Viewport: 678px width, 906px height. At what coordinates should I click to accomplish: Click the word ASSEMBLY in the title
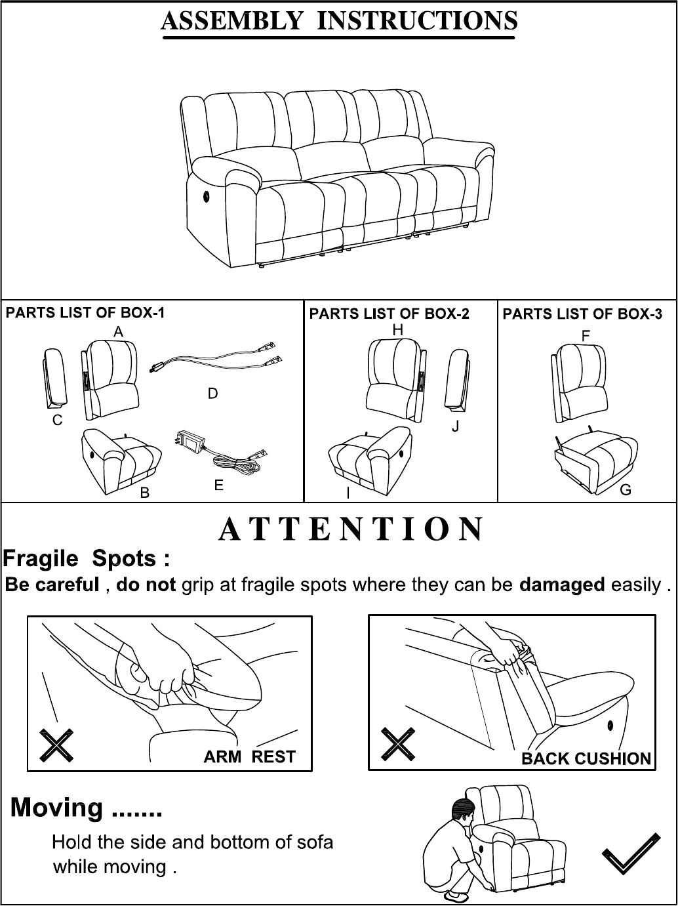(x=231, y=20)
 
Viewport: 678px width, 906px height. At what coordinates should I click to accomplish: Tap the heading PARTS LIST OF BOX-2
(x=389, y=314)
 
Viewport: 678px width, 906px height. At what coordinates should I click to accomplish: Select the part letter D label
(x=213, y=394)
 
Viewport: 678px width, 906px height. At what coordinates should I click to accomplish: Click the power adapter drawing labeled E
(x=222, y=454)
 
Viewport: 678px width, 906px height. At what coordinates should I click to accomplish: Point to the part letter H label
(x=398, y=330)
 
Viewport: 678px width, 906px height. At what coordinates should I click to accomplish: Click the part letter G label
(x=626, y=489)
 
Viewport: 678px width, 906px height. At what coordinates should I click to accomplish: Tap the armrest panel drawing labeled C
(x=55, y=377)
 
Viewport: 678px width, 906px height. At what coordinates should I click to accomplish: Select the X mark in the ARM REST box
(x=56, y=745)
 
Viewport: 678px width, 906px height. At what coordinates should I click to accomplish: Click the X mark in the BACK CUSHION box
(x=398, y=743)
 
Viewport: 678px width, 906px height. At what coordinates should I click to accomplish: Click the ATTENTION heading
(x=351, y=529)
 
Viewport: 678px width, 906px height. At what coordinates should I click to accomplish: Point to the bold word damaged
(x=562, y=585)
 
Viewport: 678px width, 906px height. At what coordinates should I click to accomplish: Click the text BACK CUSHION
(x=586, y=758)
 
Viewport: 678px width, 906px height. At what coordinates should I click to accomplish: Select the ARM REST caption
(x=250, y=756)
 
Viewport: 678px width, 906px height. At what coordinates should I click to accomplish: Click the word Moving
(x=56, y=808)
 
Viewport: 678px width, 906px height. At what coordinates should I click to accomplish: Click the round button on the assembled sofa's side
(x=205, y=196)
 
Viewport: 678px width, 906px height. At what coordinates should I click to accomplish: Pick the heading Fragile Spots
(x=86, y=559)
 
